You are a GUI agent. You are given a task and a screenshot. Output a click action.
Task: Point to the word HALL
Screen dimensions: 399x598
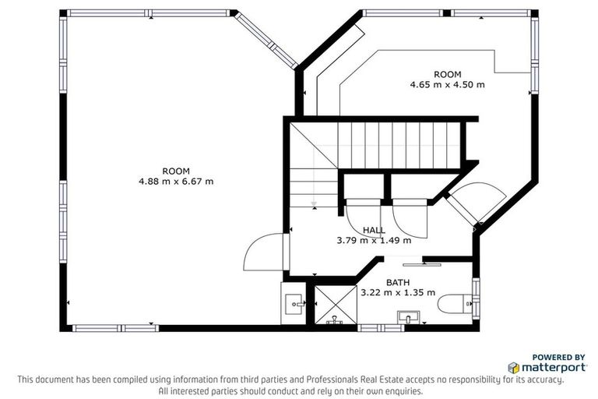(374, 230)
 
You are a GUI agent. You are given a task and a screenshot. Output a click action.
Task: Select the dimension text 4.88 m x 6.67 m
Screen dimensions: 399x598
(175, 182)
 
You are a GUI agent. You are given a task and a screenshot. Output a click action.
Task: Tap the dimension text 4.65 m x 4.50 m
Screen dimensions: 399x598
(447, 84)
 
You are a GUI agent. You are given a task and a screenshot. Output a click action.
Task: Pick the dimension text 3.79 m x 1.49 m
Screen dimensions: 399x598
(374, 240)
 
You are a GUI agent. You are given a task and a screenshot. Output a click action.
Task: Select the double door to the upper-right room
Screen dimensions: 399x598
(477, 203)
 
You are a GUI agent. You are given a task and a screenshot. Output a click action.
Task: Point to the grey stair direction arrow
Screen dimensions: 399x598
(313, 204)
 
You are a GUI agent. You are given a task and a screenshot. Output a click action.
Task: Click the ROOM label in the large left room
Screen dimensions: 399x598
(175, 171)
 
